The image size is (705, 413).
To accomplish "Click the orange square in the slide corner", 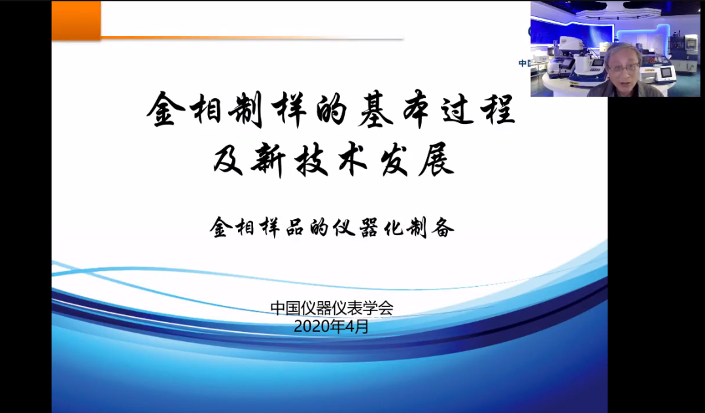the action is coord(76,21).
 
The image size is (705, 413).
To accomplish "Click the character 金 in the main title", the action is coord(166,108).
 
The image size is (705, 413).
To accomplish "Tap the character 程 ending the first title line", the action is coord(498,109).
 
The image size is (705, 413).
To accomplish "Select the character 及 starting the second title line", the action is coord(228,160).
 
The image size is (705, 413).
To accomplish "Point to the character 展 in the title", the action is coord(437,160).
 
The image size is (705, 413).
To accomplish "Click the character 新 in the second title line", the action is coord(268,161).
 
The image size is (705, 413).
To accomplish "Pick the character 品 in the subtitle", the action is coord(295,227).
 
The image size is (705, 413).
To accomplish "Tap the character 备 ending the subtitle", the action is coord(443,227).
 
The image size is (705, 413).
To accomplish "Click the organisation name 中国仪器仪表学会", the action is coord(332,308).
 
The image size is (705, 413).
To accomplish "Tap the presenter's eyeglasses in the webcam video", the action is coord(623,68).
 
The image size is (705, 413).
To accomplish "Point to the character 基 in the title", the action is coord(375,109).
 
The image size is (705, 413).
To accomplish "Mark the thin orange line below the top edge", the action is coord(252,38).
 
